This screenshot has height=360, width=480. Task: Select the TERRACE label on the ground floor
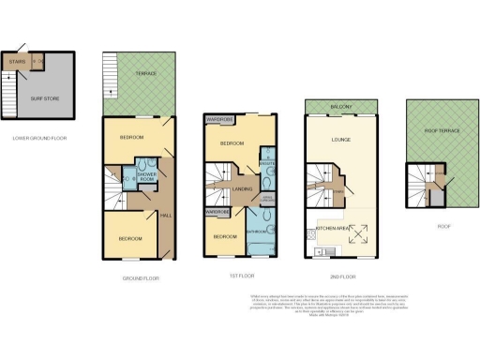click(143, 73)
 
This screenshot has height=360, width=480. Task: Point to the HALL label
click(166, 217)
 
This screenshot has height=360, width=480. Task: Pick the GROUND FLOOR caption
click(141, 278)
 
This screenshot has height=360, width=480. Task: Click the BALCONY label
click(341, 108)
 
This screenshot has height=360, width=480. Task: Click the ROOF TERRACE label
click(442, 131)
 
